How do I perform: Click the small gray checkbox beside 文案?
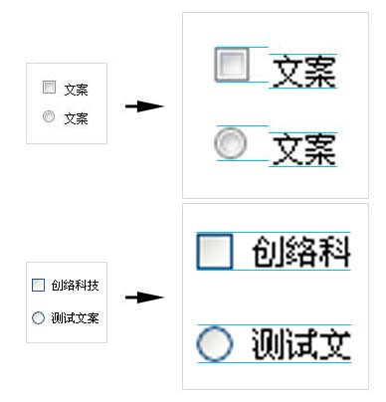pyautogui.click(x=49, y=89)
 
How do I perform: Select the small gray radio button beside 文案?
pyautogui.click(x=49, y=117)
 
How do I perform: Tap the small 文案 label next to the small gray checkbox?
pyautogui.click(x=76, y=90)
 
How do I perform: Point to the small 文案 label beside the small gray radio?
pyautogui.click(x=76, y=118)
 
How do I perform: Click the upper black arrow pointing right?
pyautogui.click(x=143, y=105)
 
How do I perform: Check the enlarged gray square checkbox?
pyautogui.click(x=231, y=65)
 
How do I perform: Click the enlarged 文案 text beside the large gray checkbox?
pyautogui.click(x=303, y=72)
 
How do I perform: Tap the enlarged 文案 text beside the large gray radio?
pyautogui.click(x=303, y=149)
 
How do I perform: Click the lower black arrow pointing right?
pyautogui.click(x=143, y=297)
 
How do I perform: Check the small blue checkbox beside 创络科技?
pyautogui.click(x=39, y=286)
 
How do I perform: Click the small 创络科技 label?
pyautogui.click(x=76, y=286)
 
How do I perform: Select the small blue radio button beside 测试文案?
pyautogui.click(x=39, y=317)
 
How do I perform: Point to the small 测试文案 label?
pyautogui.click(x=76, y=317)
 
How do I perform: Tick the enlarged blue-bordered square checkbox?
pyautogui.click(x=214, y=251)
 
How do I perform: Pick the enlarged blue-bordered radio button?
pyautogui.click(x=214, y=344)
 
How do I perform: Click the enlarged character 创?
pyautogui.click(x=269, y=251)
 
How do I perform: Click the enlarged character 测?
pyautogui.click(x=269, y=344)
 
